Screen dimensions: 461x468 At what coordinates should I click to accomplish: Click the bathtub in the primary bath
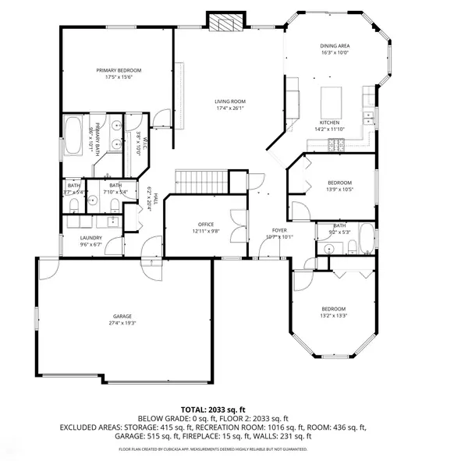(74, 135)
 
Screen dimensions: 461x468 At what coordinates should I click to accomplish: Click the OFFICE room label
(207, 224)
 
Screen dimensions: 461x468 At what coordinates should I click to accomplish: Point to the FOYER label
(278, 231)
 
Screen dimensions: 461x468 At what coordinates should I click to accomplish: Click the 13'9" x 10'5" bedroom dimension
(339, 188)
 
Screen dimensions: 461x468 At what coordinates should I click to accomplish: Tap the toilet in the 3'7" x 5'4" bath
(73, 204)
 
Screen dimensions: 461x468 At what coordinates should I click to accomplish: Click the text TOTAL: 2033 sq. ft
(213, 409)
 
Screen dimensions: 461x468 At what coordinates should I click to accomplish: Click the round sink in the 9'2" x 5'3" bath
(330, 249)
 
